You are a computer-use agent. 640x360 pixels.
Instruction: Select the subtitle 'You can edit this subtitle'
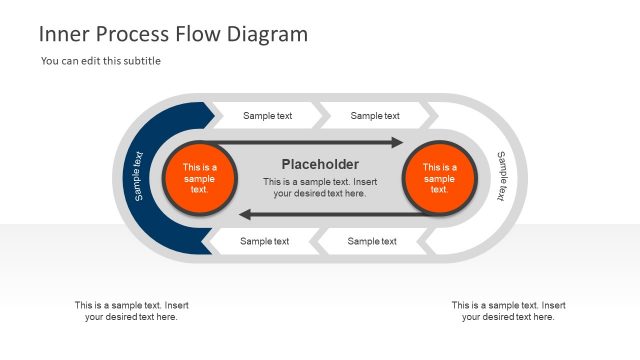[101, 61]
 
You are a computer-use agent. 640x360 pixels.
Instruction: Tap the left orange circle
[199, 178]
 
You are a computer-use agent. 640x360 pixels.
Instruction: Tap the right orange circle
[439, 178]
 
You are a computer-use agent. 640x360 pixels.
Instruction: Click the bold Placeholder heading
[320, 164]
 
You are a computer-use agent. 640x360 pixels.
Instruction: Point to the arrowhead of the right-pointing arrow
[396, 143]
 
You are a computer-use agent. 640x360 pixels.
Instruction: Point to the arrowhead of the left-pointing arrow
[244, 214]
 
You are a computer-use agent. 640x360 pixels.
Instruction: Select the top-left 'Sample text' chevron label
[267, 116]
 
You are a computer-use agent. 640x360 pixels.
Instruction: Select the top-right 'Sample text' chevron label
[375, 116]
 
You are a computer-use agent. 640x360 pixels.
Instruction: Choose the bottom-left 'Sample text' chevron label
[264, 241]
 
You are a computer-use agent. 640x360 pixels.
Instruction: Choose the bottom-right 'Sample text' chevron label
[372, 241]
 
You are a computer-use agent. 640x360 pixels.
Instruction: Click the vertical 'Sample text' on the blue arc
[138, 176]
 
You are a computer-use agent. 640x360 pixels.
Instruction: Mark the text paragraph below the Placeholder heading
[320, 187]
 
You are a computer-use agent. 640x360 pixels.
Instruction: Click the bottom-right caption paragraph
[508, 311]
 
